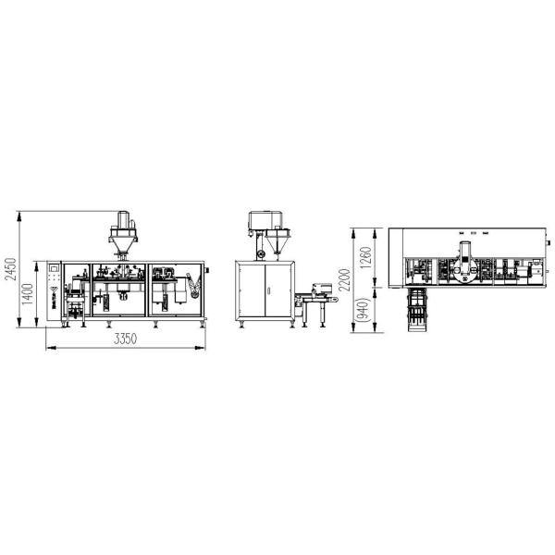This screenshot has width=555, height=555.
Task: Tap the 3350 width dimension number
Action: coord(126,339)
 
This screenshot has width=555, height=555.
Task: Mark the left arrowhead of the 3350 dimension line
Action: coord(47,349)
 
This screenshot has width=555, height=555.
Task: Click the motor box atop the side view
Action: coord(262,221)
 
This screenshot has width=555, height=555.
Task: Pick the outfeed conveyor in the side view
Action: coord(319,293)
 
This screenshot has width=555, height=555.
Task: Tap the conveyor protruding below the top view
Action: coord(416,310)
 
